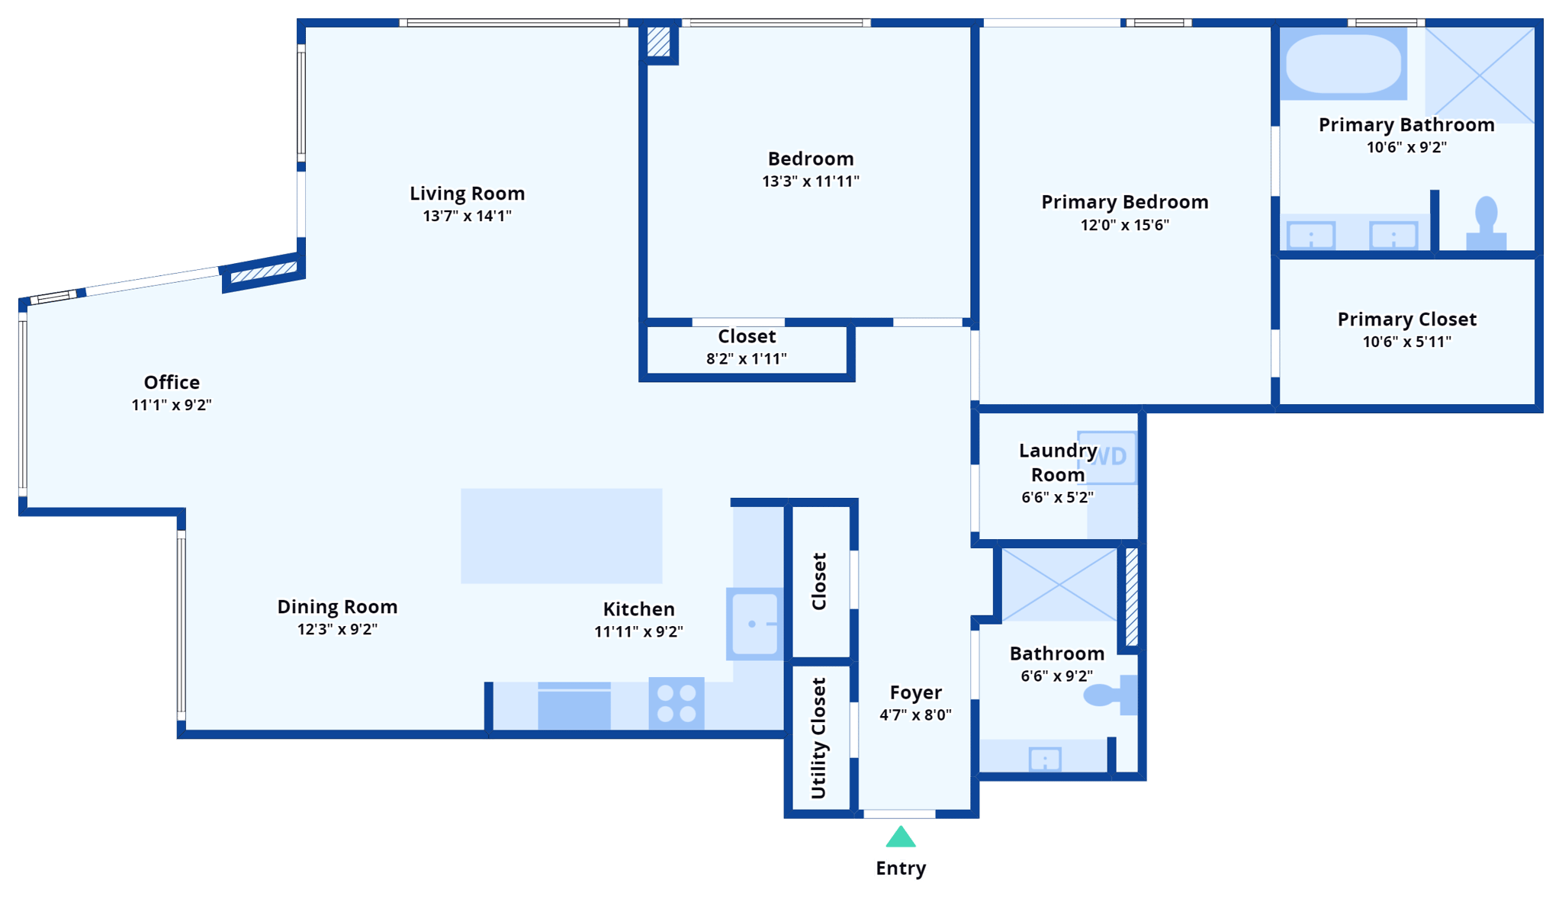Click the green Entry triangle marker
pos(900,838)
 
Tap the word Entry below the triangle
pos(901,868)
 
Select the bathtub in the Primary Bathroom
pos(1343,64)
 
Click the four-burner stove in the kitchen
pos(677,703)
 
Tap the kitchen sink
pos(754,624)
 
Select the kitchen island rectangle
pos(561,536)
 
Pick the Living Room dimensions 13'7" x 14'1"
pos(467,216)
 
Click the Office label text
pos(172,382)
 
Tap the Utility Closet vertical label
pos(818,738)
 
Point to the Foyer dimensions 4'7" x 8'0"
pos(915,715)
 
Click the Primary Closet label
pos(1406,319)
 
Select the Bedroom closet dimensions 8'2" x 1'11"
pos(746,359)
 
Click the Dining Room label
pos(337,607)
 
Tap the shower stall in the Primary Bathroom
pos(1479,75)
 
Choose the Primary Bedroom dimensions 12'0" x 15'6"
pos(1124,225)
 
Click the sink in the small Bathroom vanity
pos(1044,759)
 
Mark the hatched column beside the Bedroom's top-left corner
pos(658,42)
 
